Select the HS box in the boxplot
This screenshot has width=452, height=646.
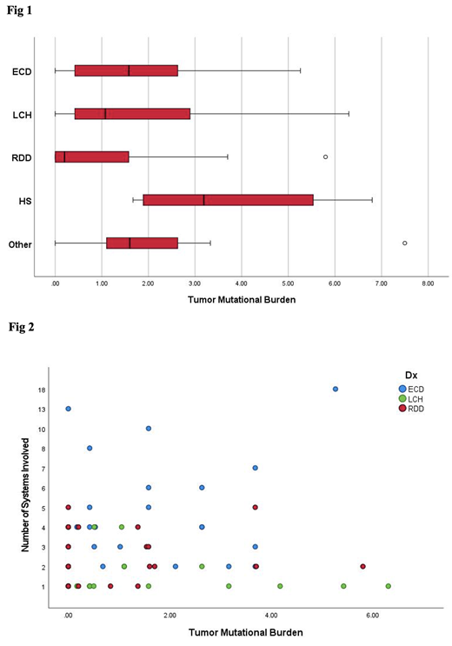tap(228, 199)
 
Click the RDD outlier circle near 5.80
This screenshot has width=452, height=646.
tap(325, 157)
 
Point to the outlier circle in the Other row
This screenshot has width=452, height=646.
tap(405, 243)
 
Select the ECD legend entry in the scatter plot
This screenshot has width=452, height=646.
tap(411, 388)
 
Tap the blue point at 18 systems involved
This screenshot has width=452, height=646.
tap(336, 389)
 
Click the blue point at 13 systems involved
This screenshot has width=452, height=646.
tap(68, 409)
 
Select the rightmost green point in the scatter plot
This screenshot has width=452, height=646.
tap(388, 586)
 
